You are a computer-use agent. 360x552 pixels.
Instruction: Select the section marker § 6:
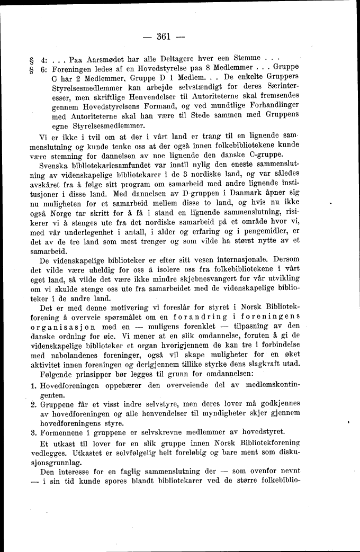[x=40, y=68]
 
